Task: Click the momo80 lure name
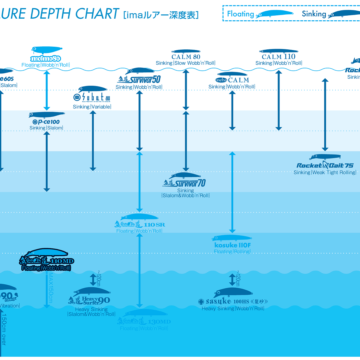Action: point(45,59)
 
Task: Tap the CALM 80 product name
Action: point(186,57)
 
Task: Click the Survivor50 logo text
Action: point(139,79)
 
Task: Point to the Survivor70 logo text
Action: point(184,183)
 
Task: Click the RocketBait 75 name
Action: point(325,165)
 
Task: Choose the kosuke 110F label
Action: point(232,245)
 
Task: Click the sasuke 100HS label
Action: point(233,302)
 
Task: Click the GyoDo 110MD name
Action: point(46,261)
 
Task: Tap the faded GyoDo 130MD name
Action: point(144,322)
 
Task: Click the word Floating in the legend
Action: point(240,14)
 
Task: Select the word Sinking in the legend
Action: point(314,14)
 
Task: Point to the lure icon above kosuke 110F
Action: point(232,238)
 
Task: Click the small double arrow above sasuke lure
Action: point(232,279)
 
